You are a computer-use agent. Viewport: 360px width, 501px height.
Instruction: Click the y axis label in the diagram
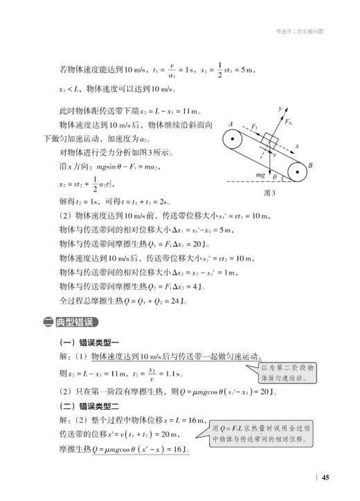pos(280,109)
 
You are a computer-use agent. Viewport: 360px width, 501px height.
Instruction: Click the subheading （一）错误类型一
pos(89,342)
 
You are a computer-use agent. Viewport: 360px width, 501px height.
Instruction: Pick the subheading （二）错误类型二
pos(89,406)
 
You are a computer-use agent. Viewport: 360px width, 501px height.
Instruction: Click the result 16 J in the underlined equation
pos(179,450)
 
